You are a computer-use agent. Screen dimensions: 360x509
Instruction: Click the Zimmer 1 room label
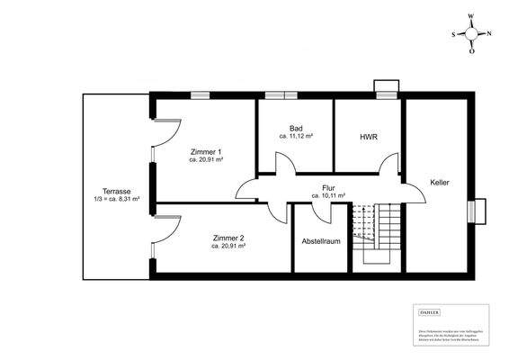[206, 152]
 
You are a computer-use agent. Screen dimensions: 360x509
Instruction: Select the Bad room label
[296, 128]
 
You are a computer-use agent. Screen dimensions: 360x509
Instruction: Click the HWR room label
[368, 137]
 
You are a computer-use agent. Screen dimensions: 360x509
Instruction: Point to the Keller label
[440, 182]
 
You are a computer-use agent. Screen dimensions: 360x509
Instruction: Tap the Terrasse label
[117, 191]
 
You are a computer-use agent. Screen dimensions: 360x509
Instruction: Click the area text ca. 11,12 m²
[296, 137]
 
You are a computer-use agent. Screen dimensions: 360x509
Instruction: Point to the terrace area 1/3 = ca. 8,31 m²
[116, 200]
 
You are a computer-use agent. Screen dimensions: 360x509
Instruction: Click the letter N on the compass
[490, 33]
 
